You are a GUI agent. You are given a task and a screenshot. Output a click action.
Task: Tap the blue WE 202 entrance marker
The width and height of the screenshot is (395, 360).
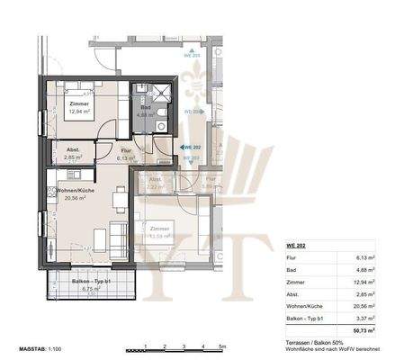coord(190,146)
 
